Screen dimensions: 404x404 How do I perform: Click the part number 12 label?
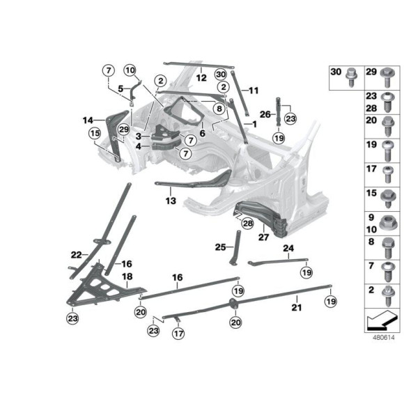(201, 78)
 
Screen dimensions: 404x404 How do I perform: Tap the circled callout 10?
(130, 70)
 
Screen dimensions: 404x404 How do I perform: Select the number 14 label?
(88, 119)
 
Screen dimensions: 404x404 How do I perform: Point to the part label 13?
(171, 200)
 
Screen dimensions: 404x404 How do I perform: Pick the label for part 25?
(220, 247)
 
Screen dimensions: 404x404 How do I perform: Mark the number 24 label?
(288, 248)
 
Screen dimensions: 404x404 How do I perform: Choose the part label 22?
(76, 254)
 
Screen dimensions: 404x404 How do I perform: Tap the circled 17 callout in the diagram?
(180, 334)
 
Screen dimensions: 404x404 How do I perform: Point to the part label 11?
(254, 90)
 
